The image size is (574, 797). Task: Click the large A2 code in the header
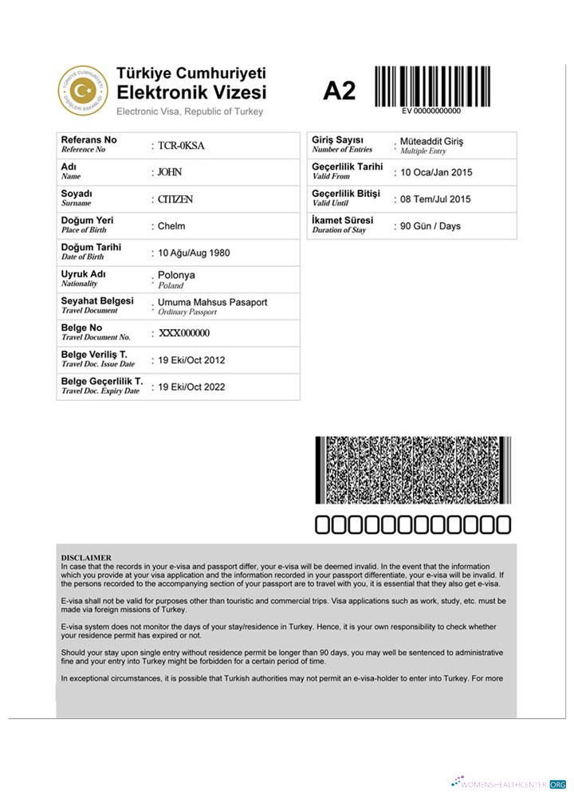pos(339,92)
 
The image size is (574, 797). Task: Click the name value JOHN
pos(170,172)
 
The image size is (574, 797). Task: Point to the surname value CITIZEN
pos(175,199)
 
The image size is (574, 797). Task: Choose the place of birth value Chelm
pos(171,226)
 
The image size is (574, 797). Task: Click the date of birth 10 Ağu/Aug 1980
pos(194,253)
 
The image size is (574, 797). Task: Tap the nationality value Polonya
pos(176,276)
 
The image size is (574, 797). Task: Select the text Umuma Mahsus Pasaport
pos(212,303)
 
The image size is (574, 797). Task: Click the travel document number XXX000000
pos(184,334)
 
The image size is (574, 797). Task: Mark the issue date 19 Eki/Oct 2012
pos(191,360)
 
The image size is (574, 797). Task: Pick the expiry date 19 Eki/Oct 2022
pos(191,387)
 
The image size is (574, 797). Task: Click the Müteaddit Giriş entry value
pos(431,142)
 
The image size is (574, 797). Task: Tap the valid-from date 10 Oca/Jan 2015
pos(436,173)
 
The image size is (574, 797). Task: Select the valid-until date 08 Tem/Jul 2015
pos(435,199)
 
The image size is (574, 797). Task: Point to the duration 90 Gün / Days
pos(431,226)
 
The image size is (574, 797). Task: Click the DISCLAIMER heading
pos(86,557)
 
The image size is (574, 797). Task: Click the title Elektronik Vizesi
pos(192,92)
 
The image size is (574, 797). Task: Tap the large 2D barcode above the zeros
pos(411,470)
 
